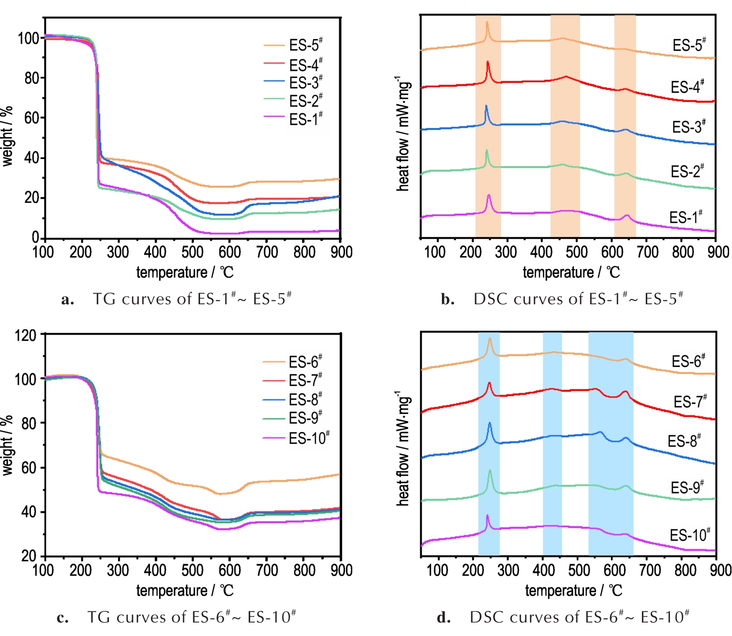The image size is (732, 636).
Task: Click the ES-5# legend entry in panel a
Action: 306,45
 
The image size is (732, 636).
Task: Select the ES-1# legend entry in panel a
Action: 306,119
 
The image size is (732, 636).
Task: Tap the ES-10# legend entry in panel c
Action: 309,439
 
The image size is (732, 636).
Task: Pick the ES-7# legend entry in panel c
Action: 306,381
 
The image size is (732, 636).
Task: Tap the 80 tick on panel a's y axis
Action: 32,78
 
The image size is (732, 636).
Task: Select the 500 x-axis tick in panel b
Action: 577,252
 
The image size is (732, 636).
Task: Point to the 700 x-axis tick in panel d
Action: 650,571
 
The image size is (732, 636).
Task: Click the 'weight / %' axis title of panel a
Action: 7,136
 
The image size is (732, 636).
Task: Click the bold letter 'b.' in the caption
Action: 448,299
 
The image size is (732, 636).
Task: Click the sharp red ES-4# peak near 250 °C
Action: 488,62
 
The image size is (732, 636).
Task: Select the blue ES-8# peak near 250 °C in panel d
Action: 490,423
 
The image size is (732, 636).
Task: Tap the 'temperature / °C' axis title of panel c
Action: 185,591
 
